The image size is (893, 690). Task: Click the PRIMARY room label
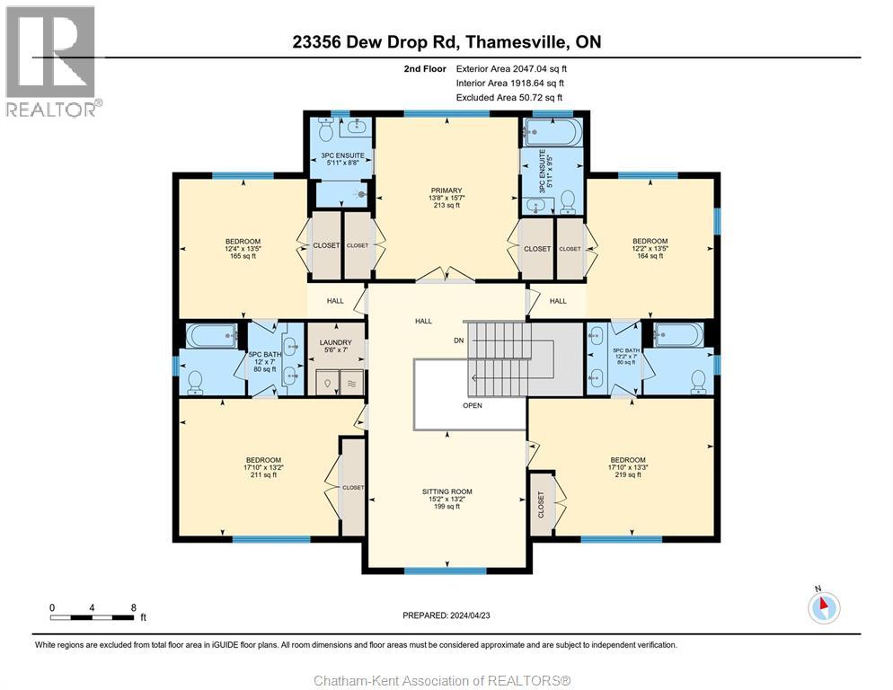coord(446,190)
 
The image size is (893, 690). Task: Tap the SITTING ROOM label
coord(446,491)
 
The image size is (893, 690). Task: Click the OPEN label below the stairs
coord(473,405)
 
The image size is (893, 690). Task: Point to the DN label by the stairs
coord(458,341)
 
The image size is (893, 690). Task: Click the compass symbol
coord(823,608)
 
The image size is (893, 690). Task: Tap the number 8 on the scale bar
coord(134,607)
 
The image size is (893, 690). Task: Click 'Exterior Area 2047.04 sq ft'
coord(511,67)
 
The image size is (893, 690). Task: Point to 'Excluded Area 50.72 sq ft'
coord(508,97)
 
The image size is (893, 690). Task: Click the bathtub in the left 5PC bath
coord(211,336)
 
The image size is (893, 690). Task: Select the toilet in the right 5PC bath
coord(696,381)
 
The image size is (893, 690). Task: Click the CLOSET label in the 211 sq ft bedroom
coord(353,487)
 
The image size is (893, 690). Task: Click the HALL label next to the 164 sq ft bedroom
coord(558,301)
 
